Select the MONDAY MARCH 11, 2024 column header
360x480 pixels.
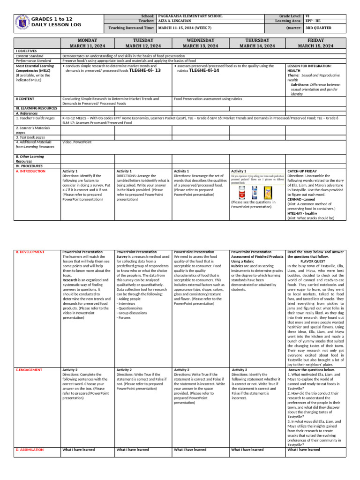pos(87,43)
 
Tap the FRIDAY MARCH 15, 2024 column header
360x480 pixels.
pos(315,43)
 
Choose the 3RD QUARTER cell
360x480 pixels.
pos(318,28)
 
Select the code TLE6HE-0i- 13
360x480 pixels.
pos(145,70)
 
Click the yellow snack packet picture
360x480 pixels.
pos(269,192)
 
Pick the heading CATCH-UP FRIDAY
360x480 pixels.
pos(302,172)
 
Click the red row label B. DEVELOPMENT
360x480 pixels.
pos(30,252)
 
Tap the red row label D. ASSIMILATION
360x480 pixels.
pos(30,450)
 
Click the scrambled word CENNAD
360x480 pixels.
pos(296,199)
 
